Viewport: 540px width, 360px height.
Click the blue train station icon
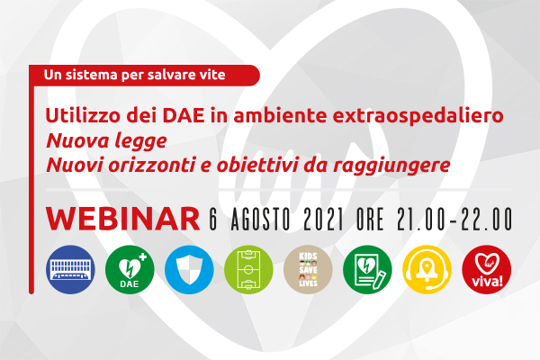(70, 269)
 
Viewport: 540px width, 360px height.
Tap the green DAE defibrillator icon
(130, 269)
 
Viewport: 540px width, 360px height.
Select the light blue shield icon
(189, 269)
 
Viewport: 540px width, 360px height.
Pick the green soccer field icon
(248, 269)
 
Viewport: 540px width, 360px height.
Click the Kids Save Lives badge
(308, 269)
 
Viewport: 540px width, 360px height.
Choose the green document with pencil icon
(367, 269)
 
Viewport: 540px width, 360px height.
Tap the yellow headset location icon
(427, 269)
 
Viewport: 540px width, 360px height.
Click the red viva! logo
(487, 269)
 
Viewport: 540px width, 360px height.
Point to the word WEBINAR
(123, 219)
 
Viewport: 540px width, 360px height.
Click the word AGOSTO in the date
(261, 219)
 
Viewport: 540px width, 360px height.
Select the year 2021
(323, 219)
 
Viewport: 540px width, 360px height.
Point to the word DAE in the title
(184, 116)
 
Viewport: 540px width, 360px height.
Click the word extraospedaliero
(418, 116)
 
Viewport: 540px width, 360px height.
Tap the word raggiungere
(391, 166)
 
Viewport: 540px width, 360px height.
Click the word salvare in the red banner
(167, 75)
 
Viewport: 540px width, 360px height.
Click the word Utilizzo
(83, 116)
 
